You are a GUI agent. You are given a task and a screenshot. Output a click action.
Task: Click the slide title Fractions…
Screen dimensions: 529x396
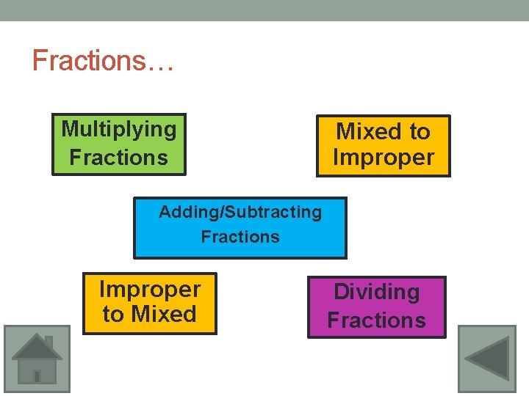coord(103,60)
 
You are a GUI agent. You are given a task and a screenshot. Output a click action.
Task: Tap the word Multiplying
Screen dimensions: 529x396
coord(118,129)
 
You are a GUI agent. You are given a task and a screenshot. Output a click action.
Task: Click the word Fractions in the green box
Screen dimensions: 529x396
coord(118,157)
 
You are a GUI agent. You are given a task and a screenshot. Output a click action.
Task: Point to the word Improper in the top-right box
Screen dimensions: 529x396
coord(383,158)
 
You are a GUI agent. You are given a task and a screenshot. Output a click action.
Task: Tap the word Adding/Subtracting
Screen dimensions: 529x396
coord(240,212)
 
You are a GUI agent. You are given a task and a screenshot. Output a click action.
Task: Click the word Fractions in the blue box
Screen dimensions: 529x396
coord(240,237)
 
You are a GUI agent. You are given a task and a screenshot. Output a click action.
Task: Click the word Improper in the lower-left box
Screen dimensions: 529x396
coord(149,290)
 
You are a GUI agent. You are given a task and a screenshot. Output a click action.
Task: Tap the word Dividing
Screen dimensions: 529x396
coord(376,292)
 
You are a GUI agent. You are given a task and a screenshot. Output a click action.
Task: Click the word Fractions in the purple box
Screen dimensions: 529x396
coord(376,320)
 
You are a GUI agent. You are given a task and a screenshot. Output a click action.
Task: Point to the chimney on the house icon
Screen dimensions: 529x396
coord(48,342)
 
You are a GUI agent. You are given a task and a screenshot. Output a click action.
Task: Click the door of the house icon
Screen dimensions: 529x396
coord(37,375)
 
